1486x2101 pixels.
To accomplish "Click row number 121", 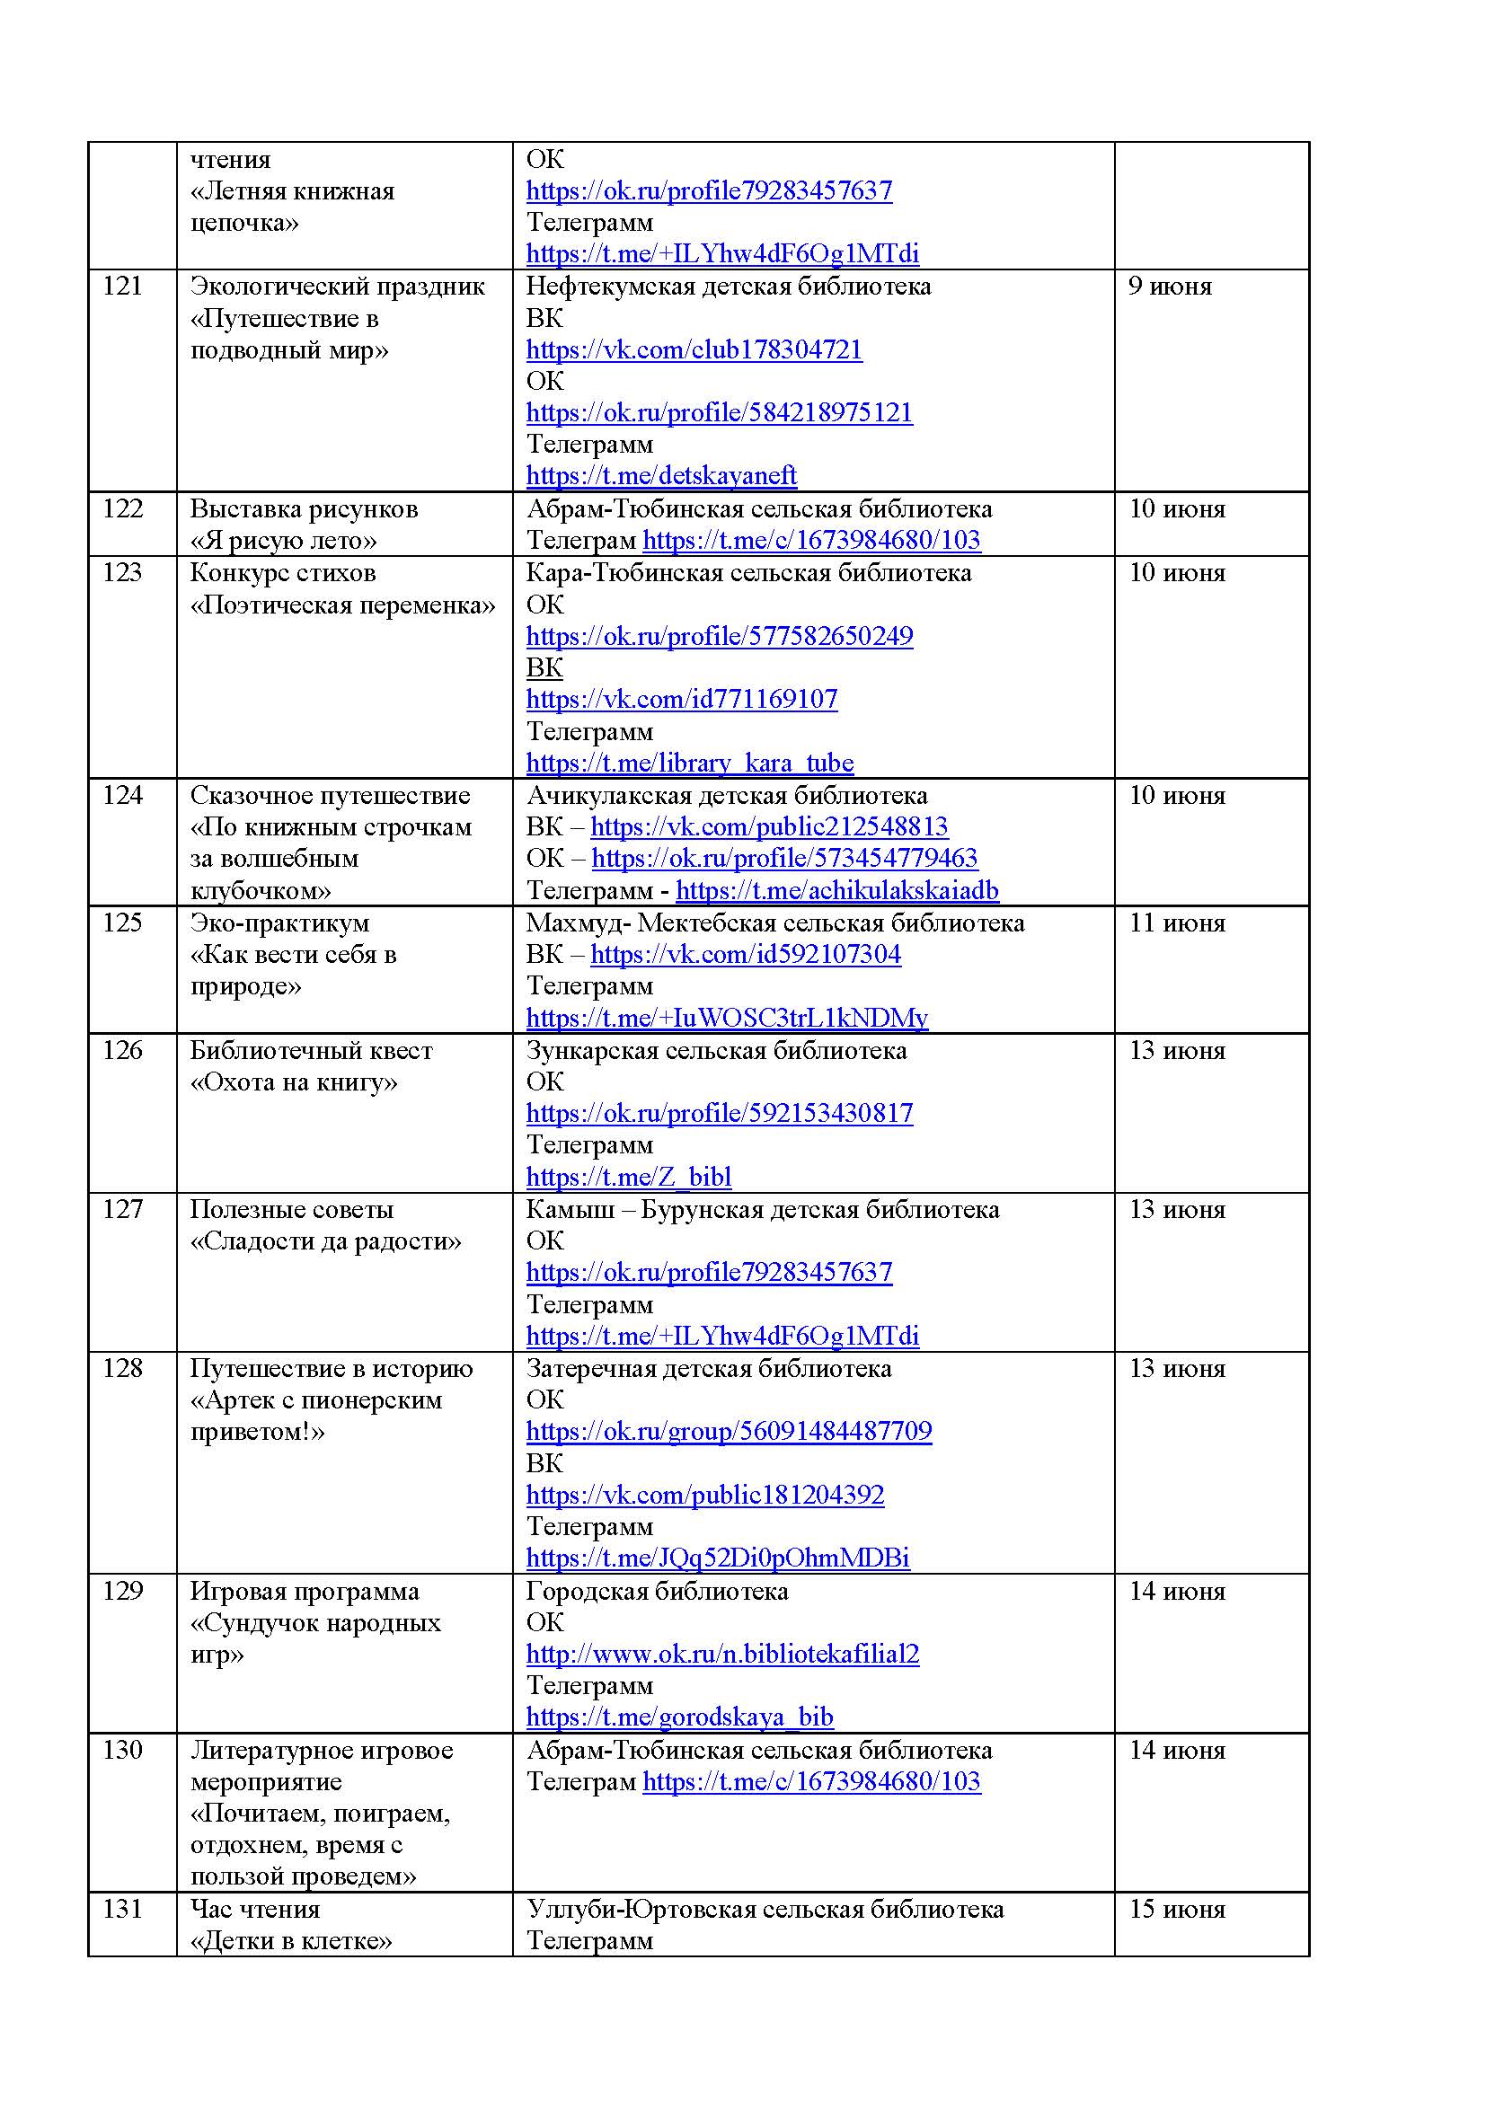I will point(122,287).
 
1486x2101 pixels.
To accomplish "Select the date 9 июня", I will point(1170,287).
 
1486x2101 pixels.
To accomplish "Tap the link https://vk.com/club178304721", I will point(694,349).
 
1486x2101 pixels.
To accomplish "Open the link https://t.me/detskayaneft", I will point(660,476).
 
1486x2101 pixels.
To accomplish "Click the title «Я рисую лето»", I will point(283,541).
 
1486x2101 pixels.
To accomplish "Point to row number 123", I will point(122,573).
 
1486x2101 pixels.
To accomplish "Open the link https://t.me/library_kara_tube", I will point(689,764).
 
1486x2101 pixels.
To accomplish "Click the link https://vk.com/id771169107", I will point(682,699).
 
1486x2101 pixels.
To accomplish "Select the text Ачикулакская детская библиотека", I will point(727,795).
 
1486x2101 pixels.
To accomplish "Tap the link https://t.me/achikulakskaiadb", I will point(837,890).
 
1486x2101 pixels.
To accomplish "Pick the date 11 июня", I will point(1177,922).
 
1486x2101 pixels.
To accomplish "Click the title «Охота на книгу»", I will point(294,1082).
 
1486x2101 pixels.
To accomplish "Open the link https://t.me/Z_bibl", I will point(629,1177).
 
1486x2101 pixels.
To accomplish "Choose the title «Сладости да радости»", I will point(325,1241).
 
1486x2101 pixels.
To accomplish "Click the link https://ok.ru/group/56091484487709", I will point(729,1431).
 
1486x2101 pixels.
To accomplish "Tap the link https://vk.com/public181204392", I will point(704,1496).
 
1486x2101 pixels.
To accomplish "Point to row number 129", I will point(122,1592).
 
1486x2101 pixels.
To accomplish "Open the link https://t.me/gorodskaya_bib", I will point(679,1717).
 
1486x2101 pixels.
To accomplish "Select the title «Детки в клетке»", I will point(291,1941).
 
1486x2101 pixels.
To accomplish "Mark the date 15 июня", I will point(1177,1910).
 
